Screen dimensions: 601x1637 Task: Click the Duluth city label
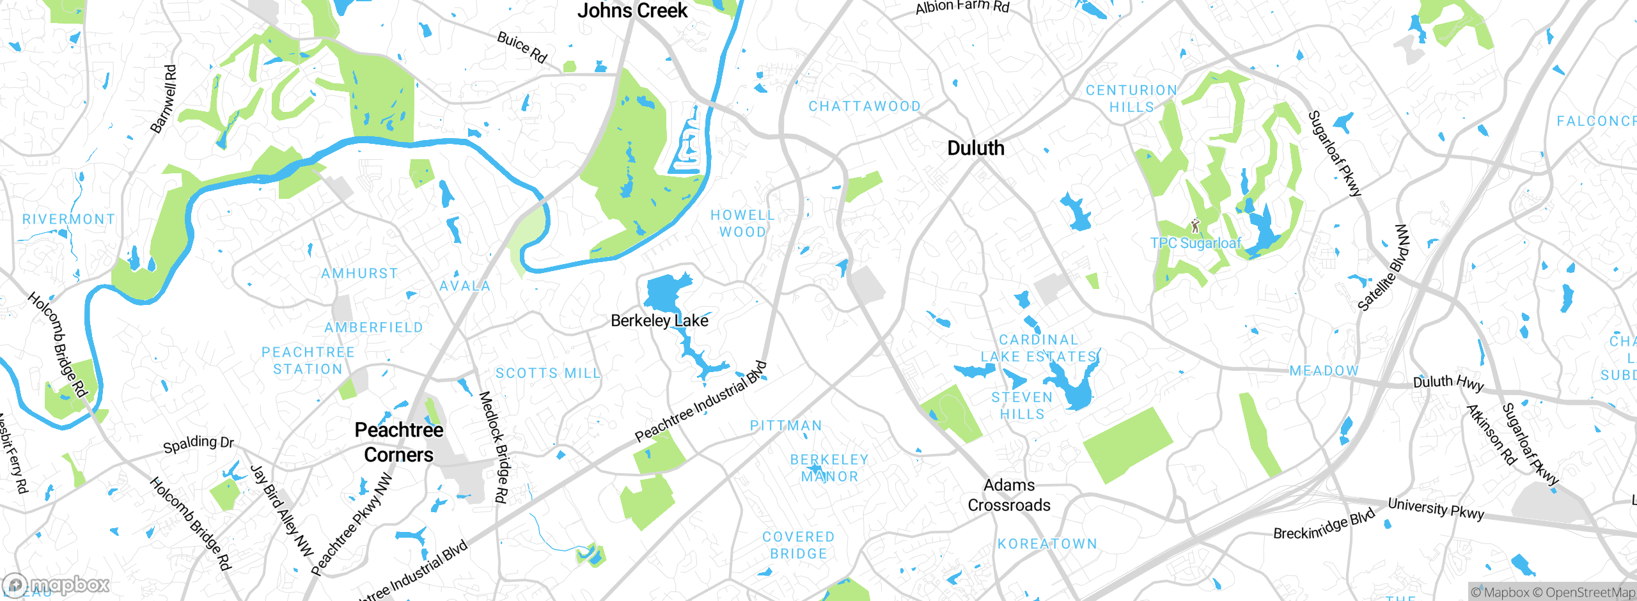pyautogui.click(x=975, y=148)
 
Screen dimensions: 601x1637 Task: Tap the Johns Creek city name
pyautogui.click(x=632, y=11)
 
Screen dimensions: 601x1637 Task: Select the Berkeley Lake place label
pyautogui.click(x=659, y=320)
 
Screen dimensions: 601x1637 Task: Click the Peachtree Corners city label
pyautogui.click(x=398, y=442)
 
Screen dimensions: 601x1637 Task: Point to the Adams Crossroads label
pyautogui.click(x=1009, y=495)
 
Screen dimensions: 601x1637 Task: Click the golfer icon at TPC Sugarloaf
pyautogui.click(x=1195, y=226)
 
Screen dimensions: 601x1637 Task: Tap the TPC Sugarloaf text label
pyautogui.click(x=1195, y=244)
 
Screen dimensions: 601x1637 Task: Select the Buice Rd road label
pyautogui.click(x=522, y=47)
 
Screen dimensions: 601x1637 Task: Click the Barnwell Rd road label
pyautogui.click(x=163, y=99)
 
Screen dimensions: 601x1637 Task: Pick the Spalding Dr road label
pyautogui.click(x=198, y=443)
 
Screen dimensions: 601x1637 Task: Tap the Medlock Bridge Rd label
pyautogui.click(x=494, y=447)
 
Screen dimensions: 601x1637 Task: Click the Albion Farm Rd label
pyautogui.click(x=962, y=7)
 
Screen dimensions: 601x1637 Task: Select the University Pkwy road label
pyautogui.click(x=1435, y=509)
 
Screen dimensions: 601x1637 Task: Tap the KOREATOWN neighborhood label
pyautogui.click(x=1047, y=544)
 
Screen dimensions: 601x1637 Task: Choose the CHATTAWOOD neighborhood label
pyautogui.click(x=865, y=106)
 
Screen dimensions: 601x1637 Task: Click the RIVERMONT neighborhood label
pyautogui.click(x=68, y=219)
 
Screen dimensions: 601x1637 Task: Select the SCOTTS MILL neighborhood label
pyautogui.click(x=548, y=373)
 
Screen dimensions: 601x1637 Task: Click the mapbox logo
pyautogui.click(x=56, y=585)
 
